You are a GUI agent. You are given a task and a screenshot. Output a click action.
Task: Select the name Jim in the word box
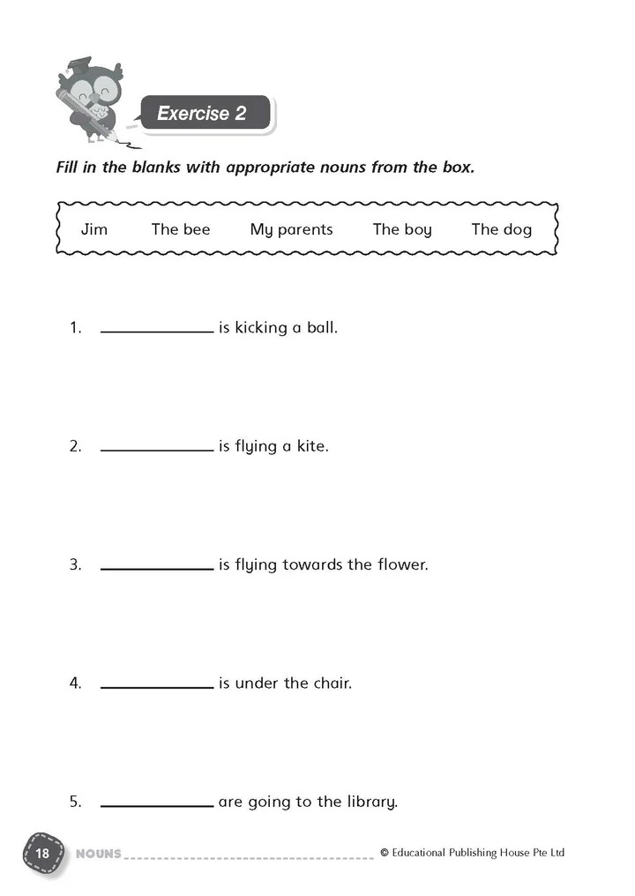(x=94, y=229)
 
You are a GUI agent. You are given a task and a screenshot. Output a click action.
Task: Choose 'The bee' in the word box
(x=181, y=229)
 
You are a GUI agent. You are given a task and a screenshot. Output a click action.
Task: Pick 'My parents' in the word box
(x=291, y=229)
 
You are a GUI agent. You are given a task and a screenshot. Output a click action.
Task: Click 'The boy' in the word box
(x=402, y=229)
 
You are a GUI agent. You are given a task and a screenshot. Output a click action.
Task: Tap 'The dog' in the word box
(x=501, y=229)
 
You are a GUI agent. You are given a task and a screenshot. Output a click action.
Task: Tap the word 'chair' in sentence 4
(x=332, y=683)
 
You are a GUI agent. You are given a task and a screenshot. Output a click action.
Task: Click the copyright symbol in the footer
(x=385, y=853)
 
